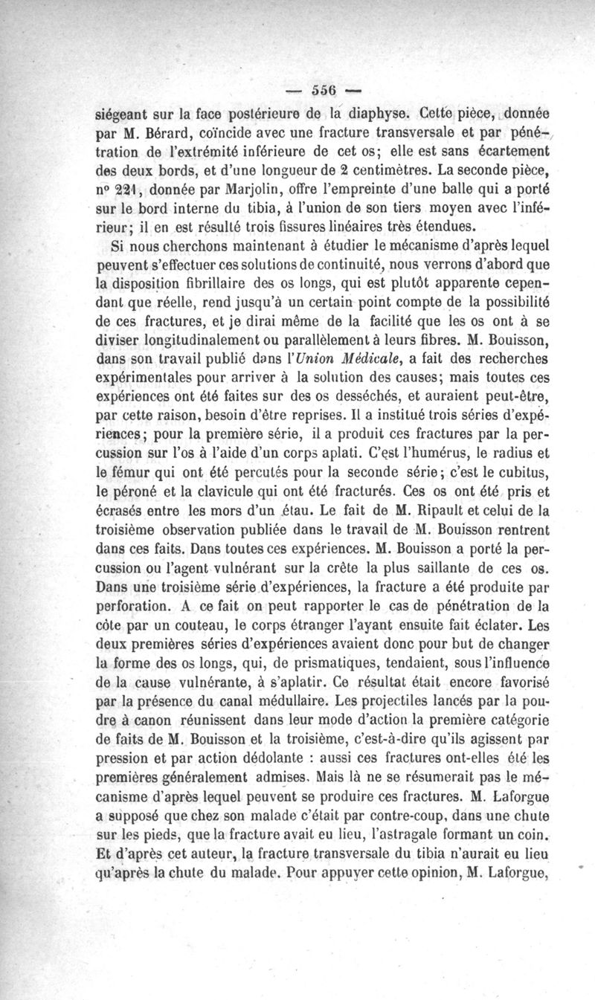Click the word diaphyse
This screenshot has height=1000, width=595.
(x=368, y=116)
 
